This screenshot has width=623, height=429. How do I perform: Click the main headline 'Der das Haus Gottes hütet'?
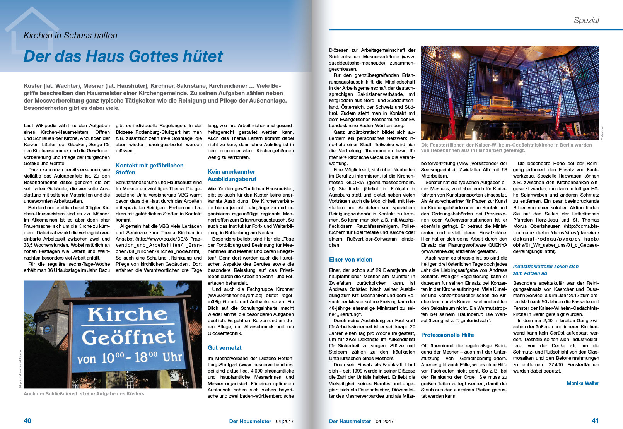[123, 56]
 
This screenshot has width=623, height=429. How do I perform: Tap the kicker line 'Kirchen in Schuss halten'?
[70, 36]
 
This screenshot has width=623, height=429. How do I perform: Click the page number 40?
[27, 420]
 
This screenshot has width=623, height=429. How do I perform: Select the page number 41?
[595, 420]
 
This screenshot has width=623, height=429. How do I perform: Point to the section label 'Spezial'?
[586, 21]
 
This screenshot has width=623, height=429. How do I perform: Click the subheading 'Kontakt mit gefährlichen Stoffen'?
[149, 169]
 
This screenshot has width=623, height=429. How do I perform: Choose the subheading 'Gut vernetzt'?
[224, 348]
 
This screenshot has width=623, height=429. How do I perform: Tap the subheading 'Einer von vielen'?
[350, 260]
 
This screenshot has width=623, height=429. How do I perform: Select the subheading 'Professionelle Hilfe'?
[447, 335]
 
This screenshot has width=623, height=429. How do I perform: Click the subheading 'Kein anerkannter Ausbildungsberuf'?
[231, 175]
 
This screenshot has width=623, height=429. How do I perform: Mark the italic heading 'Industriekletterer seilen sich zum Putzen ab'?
[546, 270]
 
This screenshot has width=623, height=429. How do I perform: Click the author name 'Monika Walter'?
[583, 383]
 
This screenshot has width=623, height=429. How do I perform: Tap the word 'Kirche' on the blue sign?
[127, 314]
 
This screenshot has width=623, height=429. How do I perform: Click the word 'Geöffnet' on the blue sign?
[128, 337]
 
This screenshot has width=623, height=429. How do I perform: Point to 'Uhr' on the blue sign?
[172, 357]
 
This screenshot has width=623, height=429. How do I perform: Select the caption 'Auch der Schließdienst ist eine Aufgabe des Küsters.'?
[85, 394]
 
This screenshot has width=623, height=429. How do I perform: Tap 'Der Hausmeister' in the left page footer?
[250, 421]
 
